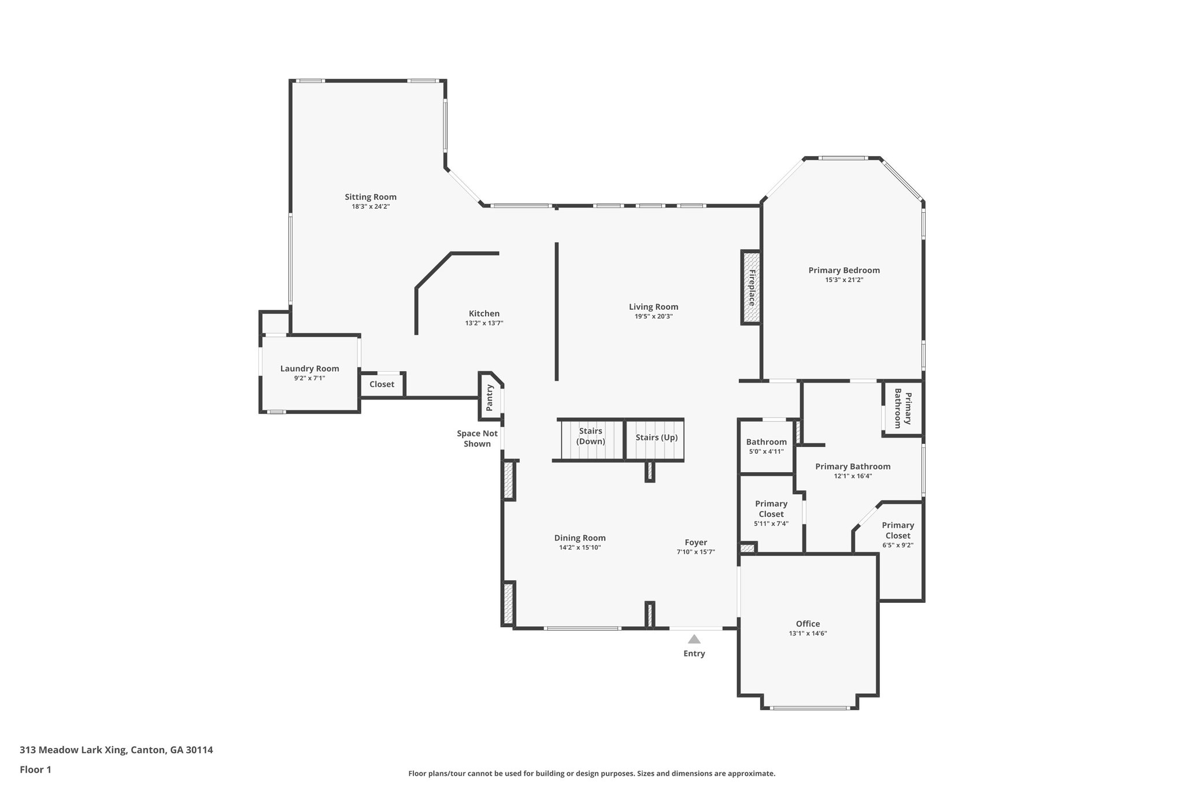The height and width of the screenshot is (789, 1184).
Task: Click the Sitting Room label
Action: tap(371, 197)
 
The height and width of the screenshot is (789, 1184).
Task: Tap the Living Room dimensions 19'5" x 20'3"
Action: tap(653, 317)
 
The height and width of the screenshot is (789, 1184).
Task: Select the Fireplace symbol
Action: tap(751, 287)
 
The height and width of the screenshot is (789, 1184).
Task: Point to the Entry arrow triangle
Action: tap(694, 639)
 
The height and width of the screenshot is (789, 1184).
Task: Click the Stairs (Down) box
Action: tap(591, 436)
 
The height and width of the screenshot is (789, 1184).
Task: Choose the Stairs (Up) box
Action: tap(656, 438)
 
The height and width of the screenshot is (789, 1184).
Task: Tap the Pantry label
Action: tap(489, 398)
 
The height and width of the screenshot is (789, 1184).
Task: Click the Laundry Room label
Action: tap(309, 369)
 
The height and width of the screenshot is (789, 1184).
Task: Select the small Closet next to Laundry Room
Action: tap(382, 384)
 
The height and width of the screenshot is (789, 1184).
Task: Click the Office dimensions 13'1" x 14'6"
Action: tap(808, 634)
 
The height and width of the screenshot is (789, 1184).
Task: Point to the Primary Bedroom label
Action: tap(844, 271)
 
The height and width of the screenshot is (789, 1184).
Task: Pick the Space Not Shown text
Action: tap(477, 439)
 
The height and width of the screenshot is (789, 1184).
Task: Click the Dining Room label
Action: tap(580, 538)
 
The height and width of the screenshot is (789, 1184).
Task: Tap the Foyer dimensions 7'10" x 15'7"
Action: tap(695, 552)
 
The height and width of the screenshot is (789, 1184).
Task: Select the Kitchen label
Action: tap(484, 314)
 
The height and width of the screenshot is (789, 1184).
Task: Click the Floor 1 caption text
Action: tap(35, 769)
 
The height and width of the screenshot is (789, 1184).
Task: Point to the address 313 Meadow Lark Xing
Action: tap(116, 750)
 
